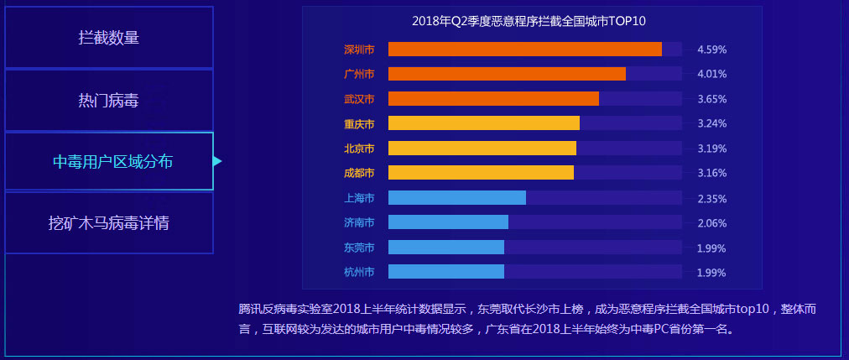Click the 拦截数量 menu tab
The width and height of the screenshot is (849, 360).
coord(109,38)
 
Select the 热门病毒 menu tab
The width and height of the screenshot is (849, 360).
coord(109,101)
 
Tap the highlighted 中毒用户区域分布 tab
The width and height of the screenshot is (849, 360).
coord(109,161)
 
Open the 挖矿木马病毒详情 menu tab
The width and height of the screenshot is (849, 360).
coord(109,224)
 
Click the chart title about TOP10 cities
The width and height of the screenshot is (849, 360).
coord(529,21)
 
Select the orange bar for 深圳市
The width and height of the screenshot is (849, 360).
coord(525,49)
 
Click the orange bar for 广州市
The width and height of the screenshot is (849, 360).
coord(507,74)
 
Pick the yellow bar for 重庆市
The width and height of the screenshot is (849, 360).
coord(484,123)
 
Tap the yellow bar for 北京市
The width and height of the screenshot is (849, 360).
coord(482,148)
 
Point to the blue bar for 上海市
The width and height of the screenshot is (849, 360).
coord(457,198)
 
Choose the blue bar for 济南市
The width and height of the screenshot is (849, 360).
coord(448,222)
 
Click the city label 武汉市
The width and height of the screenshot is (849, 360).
coord(359,99)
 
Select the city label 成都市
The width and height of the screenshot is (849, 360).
coord(359,173)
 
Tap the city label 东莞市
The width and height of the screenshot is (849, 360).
coord(359,248)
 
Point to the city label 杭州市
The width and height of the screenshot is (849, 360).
coord(359,272)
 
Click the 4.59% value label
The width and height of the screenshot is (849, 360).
coord(711,50)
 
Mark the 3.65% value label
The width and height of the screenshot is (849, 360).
coord(711,99)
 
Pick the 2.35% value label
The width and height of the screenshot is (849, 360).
coord(711,199)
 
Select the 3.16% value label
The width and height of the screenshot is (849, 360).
coord(711,173)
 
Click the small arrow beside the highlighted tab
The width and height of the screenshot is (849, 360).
coord(217,161)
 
